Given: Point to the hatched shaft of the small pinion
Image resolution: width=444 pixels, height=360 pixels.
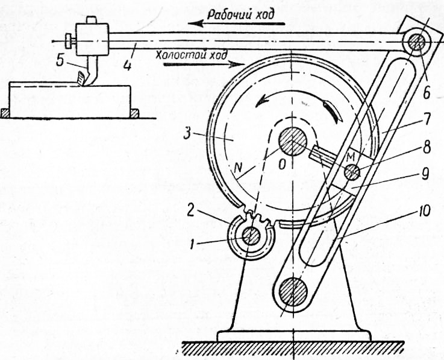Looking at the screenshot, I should click(x=252, y=237).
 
